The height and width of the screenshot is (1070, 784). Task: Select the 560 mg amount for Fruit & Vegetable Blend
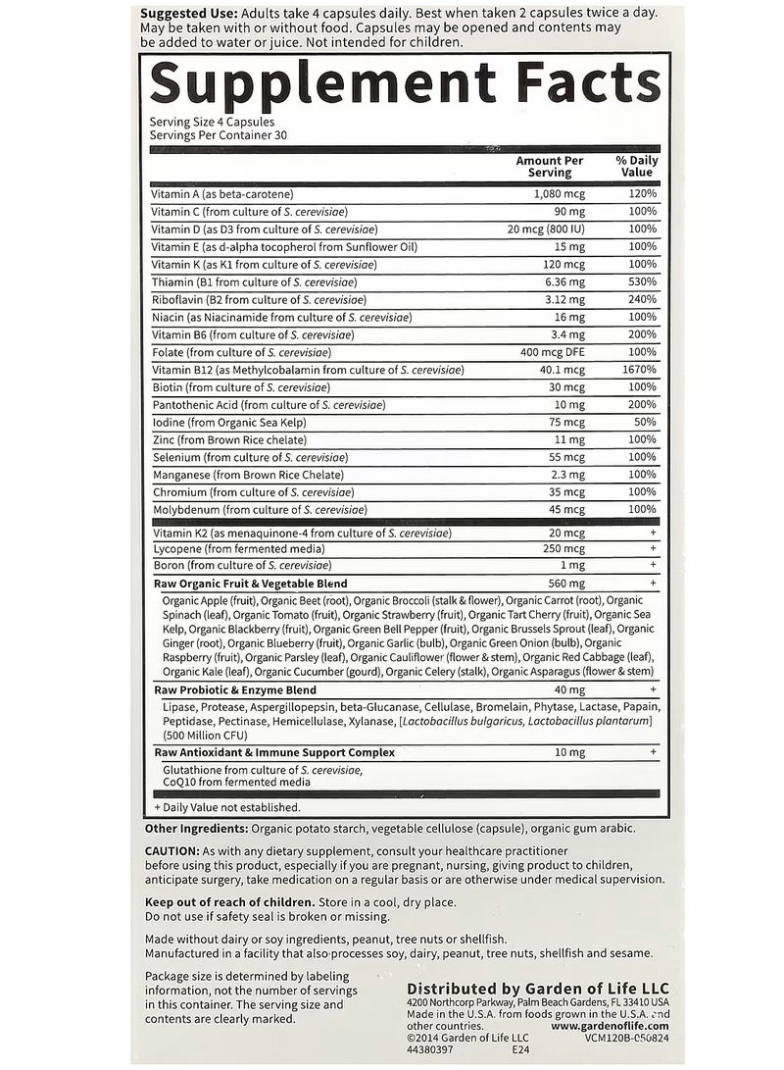[566, 583]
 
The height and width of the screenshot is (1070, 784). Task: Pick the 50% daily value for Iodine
[645, 423]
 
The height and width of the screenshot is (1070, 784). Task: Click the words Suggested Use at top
[187, 14]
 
